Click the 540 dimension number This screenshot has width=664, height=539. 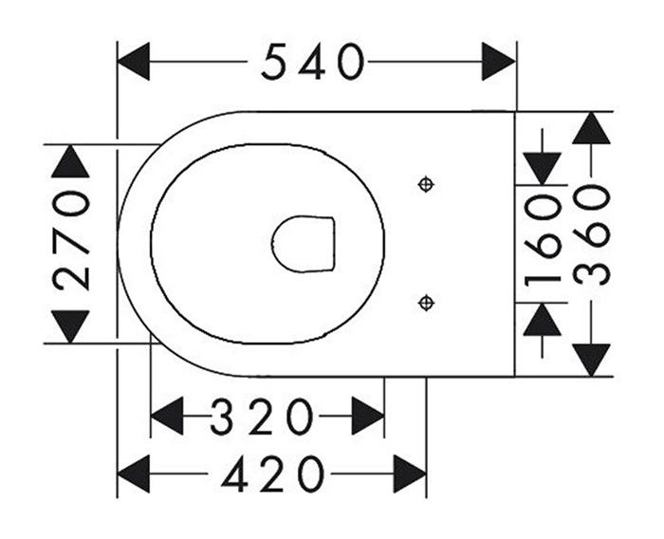pos(312,63)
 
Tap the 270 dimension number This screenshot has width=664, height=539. pos(71,238)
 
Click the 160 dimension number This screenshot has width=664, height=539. pos(544,238)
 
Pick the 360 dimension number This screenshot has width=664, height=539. pos(592,235)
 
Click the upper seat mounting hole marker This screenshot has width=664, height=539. pos(426,184)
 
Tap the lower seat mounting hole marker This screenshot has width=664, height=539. pos(426,303)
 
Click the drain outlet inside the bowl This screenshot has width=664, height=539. pos(304,243)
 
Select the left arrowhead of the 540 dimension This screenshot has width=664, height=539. pos(134,63)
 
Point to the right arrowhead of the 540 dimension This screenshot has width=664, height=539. pos(498,63)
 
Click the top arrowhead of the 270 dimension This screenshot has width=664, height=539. pos(71,162)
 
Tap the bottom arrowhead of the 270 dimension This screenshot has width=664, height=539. pos(71,325)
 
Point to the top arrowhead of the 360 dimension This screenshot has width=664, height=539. pos(592,128)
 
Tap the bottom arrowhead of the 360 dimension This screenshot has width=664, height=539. pos(592,359)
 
